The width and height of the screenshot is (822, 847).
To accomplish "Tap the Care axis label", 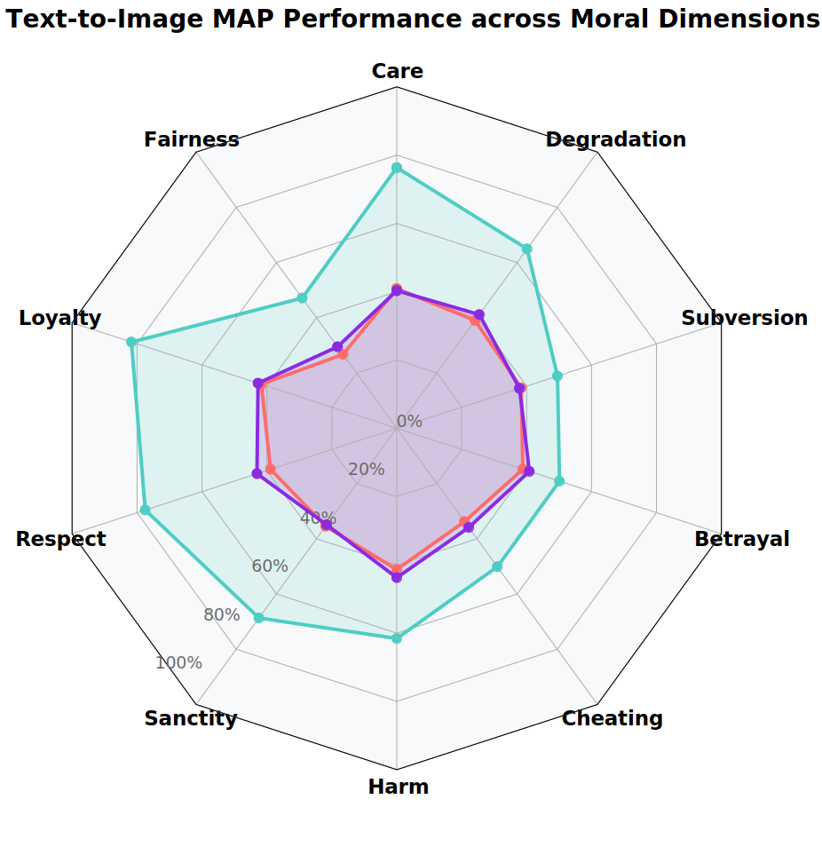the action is (x=397, y=71).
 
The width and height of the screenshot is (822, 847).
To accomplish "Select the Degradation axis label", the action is (x=615, y=139).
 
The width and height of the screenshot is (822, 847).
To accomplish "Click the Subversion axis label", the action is (x=744, y=318).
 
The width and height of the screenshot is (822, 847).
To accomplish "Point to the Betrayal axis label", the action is (x=741, y=539).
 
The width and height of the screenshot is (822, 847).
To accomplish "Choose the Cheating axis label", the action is (x=612, y=718).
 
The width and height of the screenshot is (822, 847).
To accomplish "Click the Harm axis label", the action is (x=398, y=787).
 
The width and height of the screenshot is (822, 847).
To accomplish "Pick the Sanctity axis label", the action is (x=191, y=718).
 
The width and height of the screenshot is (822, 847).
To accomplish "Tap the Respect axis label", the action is (x=60, y=539).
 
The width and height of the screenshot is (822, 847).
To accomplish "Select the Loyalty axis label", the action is (x=59, y=318).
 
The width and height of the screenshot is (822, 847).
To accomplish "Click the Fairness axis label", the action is (x=191, y=139).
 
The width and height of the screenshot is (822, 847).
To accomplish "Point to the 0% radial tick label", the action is (x=409, y=422).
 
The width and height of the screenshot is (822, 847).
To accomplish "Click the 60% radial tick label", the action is (x=270, y=566).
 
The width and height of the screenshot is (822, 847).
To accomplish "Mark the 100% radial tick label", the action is (x=178, y=663).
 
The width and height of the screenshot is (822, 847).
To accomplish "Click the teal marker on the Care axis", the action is (x=397, y=167).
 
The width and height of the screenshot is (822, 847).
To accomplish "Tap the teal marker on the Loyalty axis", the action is (x=131, y=342).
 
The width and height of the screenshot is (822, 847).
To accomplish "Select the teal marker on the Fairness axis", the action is (x=302, y=297).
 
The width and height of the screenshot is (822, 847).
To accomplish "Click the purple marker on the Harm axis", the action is (x=397, y=578).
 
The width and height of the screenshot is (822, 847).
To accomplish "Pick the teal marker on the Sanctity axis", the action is (x=258, y=618).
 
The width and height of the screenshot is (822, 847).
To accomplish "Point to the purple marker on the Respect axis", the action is (x=257, y=474).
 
